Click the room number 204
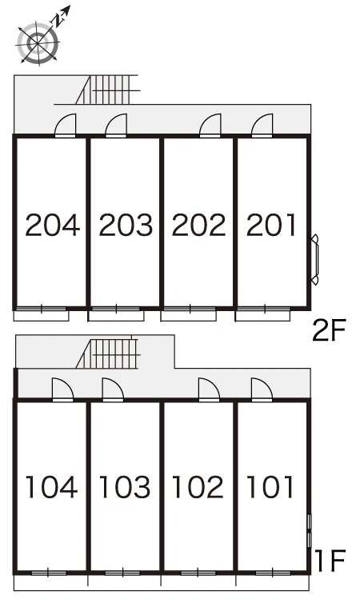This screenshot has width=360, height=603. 53,225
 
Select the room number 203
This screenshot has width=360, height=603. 126,225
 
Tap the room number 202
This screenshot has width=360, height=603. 198,225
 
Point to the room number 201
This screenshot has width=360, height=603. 271,225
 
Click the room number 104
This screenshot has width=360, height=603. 51,487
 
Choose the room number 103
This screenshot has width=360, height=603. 125,487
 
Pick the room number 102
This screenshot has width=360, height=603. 198,487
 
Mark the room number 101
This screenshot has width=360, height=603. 270,487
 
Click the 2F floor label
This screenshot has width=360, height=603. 330,330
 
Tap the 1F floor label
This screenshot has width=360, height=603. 330,561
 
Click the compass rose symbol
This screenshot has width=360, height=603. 38,42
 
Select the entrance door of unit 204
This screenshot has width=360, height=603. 66,126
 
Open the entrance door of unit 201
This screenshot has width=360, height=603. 262,126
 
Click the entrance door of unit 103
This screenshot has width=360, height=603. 113,390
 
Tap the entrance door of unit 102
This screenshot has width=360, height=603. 209,390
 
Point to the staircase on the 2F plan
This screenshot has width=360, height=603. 108,90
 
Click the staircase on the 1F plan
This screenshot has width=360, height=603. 109,353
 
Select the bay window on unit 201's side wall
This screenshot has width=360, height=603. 315,260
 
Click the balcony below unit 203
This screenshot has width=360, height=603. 116,316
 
